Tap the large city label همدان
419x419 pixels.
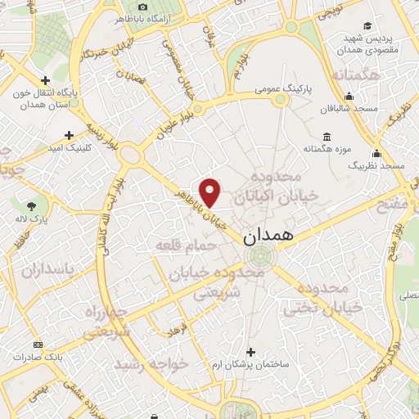tap(273, 236)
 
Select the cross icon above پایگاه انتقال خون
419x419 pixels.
tap(44, 81)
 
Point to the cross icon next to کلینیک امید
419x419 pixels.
tap(70, 134)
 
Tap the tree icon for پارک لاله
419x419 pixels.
tap(31, 205)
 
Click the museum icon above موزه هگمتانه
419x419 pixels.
tap(327, 136)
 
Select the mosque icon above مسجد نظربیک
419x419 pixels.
tap(376, 153)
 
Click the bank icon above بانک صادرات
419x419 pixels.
tap(36, 345)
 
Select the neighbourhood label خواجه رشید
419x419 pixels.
tap(151, 362)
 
